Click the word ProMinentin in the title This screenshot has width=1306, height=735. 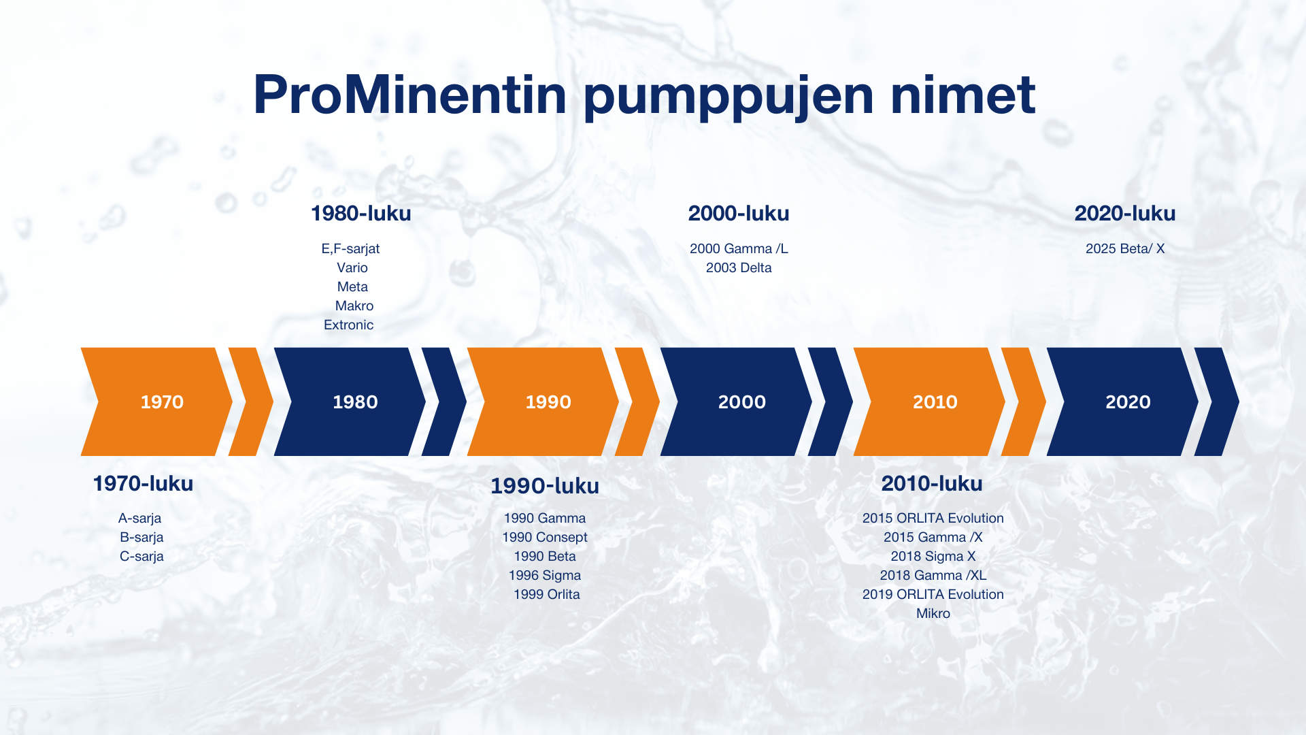click(409, 95)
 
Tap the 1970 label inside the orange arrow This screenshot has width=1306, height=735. click(162, 402)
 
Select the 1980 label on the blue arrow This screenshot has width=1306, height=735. click(355, 402)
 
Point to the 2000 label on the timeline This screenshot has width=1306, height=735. click(742, 402)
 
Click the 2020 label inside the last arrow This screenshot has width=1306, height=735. click(1128, 402)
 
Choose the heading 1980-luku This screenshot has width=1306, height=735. click(361, 213)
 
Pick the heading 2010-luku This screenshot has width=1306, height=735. click(932, 483)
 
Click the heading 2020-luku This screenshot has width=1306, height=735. click(1125, 213)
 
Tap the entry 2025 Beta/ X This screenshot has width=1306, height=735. click(1125, 248)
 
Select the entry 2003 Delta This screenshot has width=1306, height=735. click(739, 267)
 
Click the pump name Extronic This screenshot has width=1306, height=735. click(348, 325)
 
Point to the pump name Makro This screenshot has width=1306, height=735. click(354, 306)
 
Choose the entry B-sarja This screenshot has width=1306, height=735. click(141, 537)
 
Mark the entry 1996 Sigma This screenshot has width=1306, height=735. click(545, 575)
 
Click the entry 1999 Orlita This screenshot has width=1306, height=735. click(547, 594)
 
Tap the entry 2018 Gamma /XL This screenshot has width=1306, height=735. click(933, 575)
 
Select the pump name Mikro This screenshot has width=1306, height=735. click(933, 613)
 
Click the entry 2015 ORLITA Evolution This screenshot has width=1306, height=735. click(933, 518)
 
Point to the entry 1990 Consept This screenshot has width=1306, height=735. click(545, 537)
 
